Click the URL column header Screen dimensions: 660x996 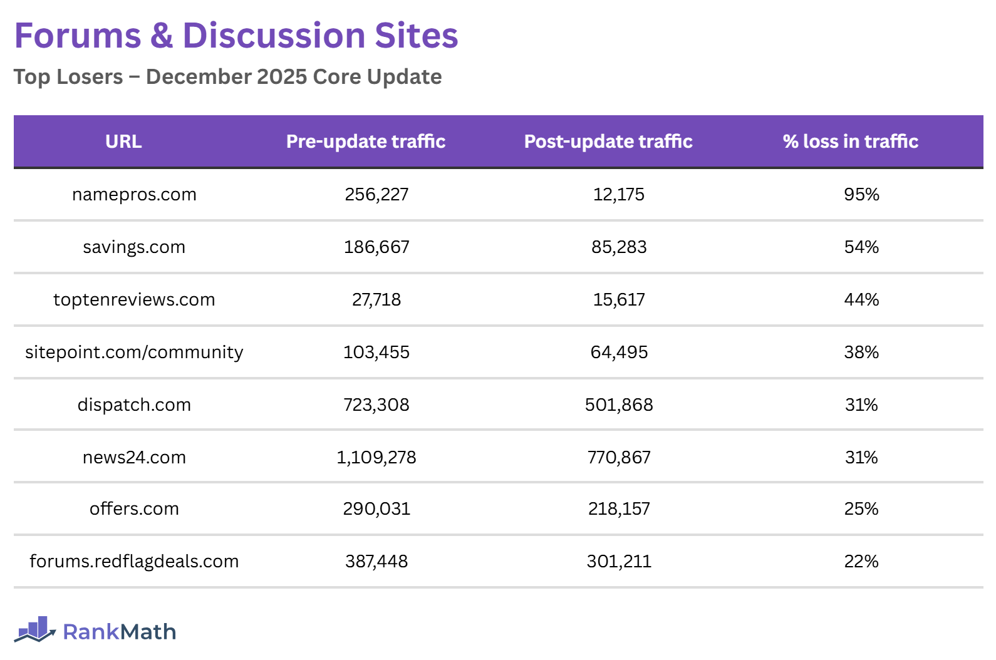point(123,142)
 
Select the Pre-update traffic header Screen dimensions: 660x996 point(366,142)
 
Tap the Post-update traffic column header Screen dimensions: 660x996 point(608,142)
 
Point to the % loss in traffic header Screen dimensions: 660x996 point(850,142)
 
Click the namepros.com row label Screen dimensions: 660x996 point(134,195)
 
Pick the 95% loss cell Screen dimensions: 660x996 point(861,195)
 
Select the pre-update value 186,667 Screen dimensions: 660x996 point(376,247)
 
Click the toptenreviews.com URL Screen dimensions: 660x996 point(134,300)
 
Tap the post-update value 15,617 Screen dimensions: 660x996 point(619,300)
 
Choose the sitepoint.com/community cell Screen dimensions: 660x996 point(134,353)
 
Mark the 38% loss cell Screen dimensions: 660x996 point(861,353)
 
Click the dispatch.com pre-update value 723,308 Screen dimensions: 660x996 point(376,405)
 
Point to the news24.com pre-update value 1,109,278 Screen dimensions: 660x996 point(376,458)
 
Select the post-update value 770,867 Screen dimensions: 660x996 point(619,458)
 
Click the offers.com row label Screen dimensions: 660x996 point(134,509)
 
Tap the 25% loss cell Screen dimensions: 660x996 point(861,509)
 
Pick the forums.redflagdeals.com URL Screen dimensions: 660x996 point(134,562)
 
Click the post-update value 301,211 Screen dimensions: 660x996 point(619,562)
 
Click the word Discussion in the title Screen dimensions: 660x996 point(274,36)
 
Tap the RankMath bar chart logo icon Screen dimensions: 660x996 point(35,630)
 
